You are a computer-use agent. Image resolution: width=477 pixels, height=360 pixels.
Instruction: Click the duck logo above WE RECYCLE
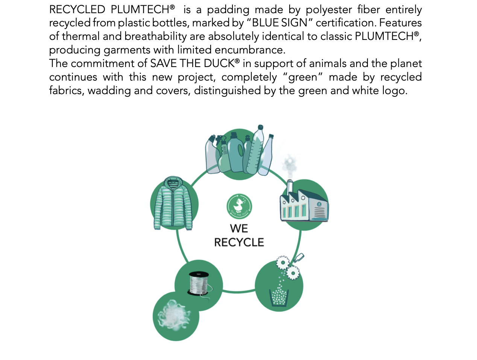click(239, 206)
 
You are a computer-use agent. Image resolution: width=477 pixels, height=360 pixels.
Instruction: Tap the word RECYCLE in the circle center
click(239, 242)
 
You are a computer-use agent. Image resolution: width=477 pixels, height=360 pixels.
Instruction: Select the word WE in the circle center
click(239, 229)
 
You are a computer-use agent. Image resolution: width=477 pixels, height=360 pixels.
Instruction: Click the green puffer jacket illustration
click(174, 205)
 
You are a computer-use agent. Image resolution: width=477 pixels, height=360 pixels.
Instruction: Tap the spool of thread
click(199, 283)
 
